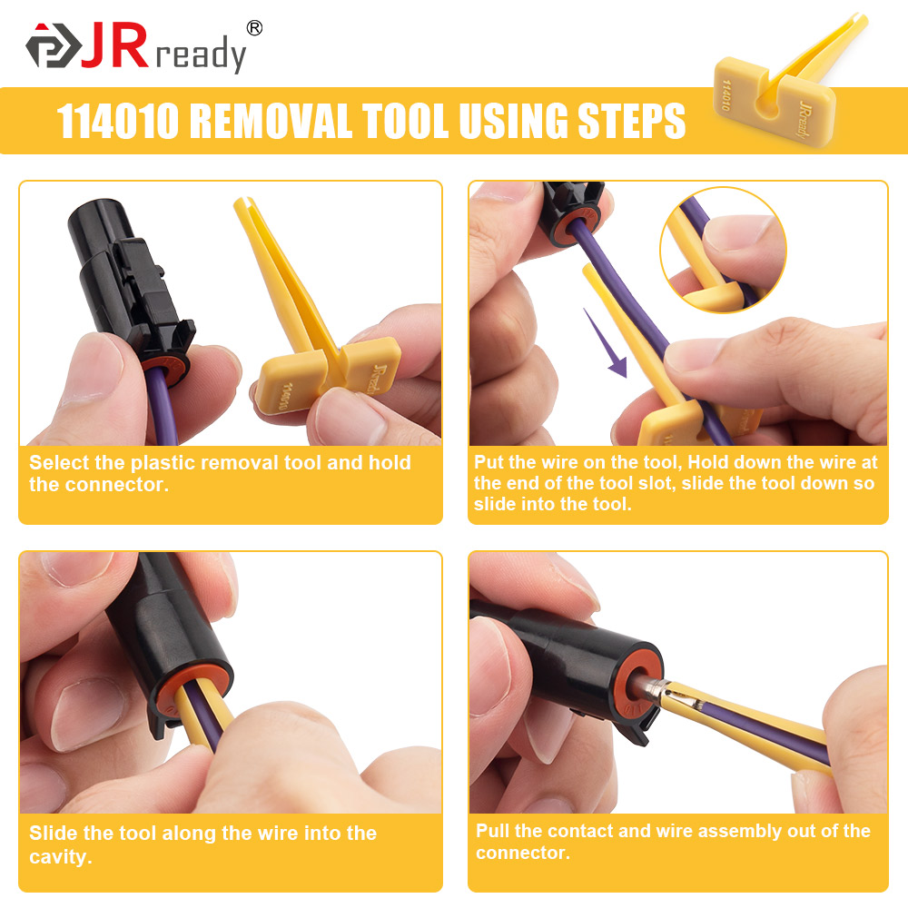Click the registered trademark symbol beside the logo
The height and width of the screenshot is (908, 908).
[x=254, y=28]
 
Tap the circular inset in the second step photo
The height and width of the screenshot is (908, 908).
[x=723, y=250]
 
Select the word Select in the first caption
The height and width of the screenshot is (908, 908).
[x=60, y=462]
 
